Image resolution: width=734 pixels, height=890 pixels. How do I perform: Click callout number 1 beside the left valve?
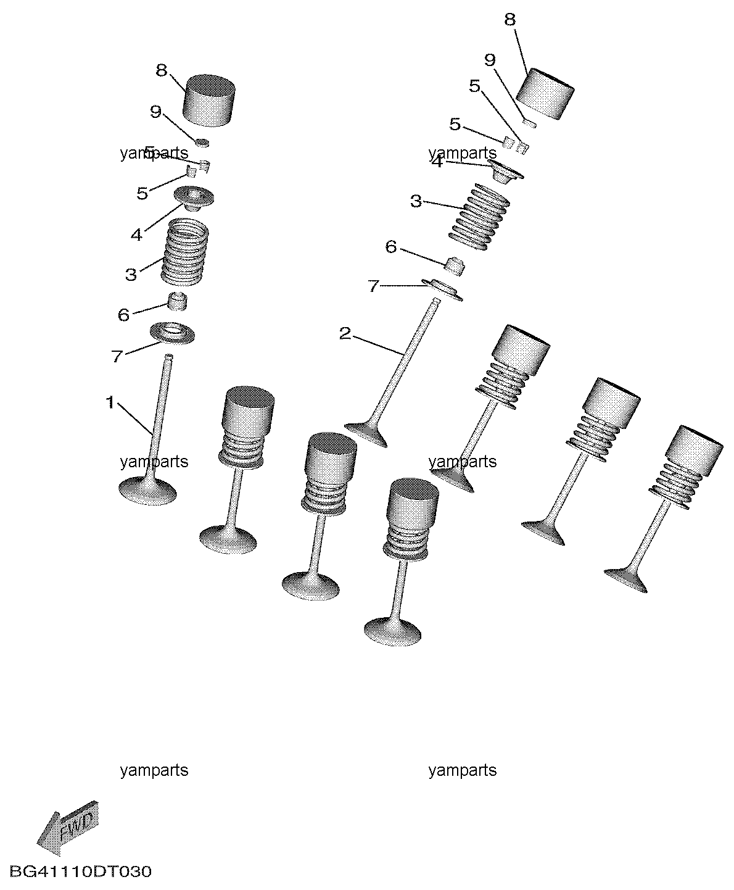[110, 404]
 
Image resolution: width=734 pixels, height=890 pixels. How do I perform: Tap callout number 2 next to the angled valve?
[345, 335]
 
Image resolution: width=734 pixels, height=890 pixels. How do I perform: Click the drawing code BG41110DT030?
[81, 872]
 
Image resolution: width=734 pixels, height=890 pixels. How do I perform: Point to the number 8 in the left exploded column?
[162, 70]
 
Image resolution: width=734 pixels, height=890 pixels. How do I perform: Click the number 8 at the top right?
[509, 20]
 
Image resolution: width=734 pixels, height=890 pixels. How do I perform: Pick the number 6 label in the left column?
[123, 315]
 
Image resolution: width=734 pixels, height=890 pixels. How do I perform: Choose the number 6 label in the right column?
[391, 247]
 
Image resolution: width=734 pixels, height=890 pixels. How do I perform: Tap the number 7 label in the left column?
[117, 356]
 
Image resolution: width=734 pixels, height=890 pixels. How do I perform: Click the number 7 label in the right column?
[374, 286]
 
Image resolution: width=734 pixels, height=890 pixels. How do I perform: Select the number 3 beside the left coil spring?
[131, 275]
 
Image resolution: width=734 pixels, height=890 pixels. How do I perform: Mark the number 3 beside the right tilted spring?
[416, 202]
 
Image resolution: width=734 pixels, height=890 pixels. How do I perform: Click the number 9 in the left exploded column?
[155, 112]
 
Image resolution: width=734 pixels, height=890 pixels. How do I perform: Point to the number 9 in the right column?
[490, 60]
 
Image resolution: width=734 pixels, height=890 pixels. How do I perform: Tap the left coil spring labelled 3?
[185, 253]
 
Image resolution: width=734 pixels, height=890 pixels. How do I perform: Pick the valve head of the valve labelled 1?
[147, 491]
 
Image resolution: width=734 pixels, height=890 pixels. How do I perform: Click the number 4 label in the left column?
[136, 235]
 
